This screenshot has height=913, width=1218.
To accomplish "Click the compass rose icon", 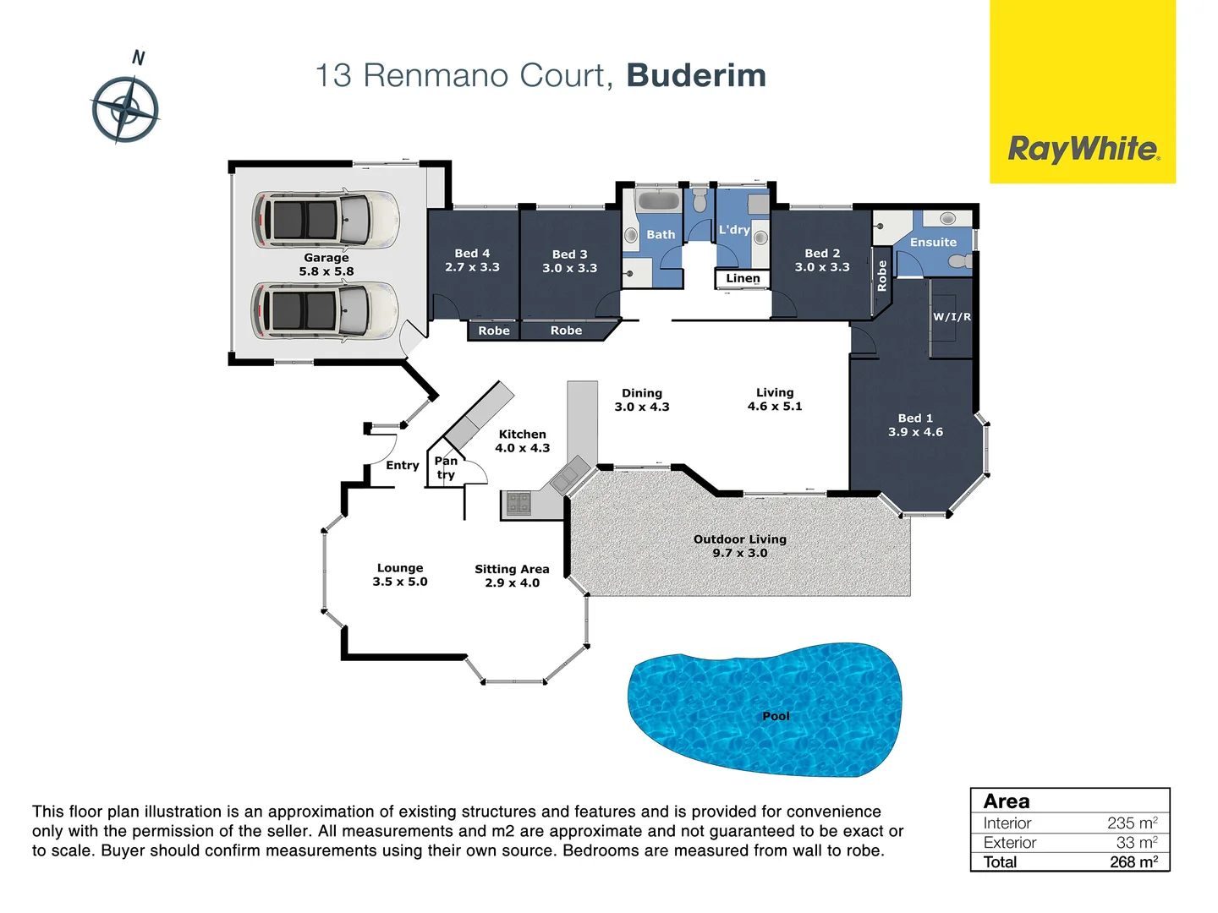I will point(125,109).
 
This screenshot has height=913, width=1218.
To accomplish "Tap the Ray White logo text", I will point(1083,150).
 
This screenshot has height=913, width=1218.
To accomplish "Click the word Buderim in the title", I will point(696,75).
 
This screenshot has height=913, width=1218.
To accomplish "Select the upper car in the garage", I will point(326,219).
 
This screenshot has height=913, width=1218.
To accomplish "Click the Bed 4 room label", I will point(472,253).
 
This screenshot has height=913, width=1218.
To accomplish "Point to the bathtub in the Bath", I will point(658,201).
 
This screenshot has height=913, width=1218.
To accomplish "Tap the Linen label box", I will point(743,278).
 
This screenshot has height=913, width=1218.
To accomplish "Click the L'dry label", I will point(734,229).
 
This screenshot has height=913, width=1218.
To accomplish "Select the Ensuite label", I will point(933,242).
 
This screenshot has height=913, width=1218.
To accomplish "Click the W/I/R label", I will point(952,317).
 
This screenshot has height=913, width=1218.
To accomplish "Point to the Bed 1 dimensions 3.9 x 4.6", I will point(915,432).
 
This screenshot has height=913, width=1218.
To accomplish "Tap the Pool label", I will point(776,716).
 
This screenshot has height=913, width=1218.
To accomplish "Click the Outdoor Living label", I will point(740,539).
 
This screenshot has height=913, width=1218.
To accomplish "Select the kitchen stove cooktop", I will point(518,504).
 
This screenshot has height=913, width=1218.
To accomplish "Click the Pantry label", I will point(446,467).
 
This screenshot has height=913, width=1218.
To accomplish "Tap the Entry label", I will point(403,465).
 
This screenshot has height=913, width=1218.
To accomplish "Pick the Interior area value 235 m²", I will point(1132,823).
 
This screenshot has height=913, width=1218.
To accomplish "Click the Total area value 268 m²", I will point(1133,861).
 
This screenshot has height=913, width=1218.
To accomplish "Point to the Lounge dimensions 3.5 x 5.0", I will point(400,582).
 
